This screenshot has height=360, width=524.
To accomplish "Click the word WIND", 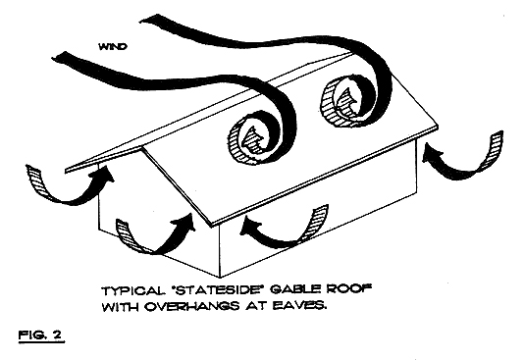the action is (113, 44).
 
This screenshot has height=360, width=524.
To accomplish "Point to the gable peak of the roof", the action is (143, 148).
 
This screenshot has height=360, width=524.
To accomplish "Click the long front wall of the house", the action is (324, 211).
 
